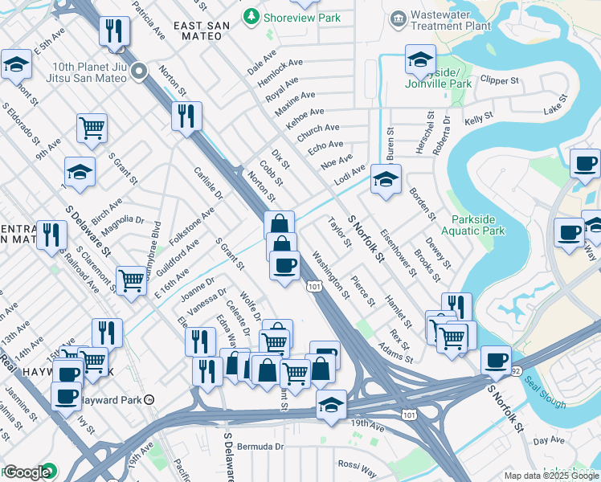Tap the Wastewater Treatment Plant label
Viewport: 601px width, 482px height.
pos(450,20)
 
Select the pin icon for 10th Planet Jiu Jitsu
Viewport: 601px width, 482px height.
pos(139,73)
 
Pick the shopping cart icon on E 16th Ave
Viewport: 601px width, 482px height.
pos(131,280)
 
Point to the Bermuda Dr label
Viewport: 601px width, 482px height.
pos(260,446)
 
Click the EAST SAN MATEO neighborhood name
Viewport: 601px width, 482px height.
pos(201,31)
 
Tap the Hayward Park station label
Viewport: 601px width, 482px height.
pos(116,399)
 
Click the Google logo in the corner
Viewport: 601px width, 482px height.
pos(27,472)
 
